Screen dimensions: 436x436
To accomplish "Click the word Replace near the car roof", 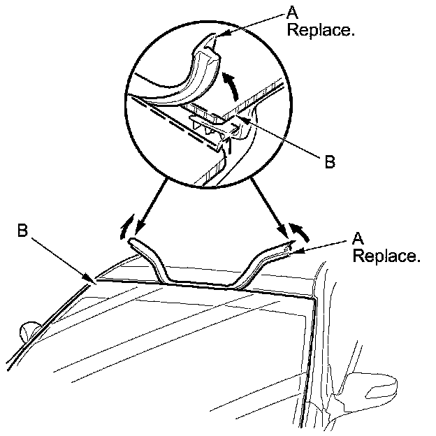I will pyautogui.click(x=386, y=256).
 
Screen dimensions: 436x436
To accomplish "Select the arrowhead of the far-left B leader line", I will pyautogui.click(x=92, y=281).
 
